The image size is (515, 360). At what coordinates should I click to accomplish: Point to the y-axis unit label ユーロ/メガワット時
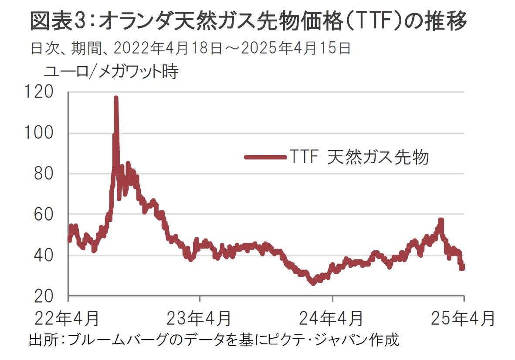111,72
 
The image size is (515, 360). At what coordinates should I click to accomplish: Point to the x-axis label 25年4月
464,318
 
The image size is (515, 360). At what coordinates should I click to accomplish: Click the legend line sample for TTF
264,157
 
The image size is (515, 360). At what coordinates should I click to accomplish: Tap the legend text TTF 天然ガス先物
358,157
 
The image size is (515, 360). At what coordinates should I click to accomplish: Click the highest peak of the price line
116,98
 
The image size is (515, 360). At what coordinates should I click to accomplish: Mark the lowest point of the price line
312,283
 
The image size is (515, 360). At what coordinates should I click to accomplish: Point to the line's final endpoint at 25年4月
462,267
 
